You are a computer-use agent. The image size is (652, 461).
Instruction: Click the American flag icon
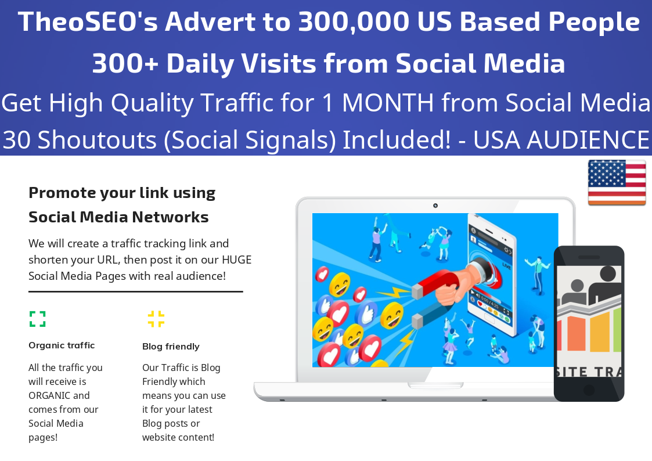[x=617, y=182]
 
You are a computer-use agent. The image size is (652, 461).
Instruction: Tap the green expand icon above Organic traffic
[x=38, y=319]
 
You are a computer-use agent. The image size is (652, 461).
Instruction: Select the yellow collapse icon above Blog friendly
[x=156, y=319]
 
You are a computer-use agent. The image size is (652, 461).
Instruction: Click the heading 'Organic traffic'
[x=62, y=345]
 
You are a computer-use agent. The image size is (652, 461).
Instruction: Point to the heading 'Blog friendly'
[x=171, y=347]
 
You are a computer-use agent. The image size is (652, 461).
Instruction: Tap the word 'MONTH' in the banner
[x=387, y=103]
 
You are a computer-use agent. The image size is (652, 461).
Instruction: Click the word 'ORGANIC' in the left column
[x=49, y=395]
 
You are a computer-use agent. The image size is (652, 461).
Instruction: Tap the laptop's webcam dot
[x=435, y=206]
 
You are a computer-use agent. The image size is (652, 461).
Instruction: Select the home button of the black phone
[x=589, y=389]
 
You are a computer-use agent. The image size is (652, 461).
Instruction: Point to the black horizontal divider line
[x=135, y=291]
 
